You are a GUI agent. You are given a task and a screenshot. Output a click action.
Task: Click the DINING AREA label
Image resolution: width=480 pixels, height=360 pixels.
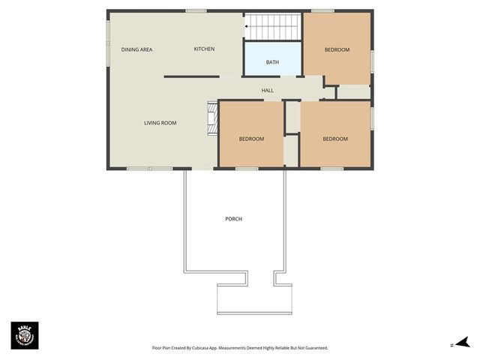click(x=136, y=49)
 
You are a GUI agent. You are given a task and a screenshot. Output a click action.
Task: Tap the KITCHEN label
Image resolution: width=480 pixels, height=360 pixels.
click(x=204, y=49)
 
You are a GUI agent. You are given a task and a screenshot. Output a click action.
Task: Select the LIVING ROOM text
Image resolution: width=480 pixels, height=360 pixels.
click(x=160, y=123)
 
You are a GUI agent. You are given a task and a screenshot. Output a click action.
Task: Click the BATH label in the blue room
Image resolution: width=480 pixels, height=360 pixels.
click(x=272, y=62)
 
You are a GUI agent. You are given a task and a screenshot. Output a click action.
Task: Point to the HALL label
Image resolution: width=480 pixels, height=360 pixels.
click(x=267, y=91)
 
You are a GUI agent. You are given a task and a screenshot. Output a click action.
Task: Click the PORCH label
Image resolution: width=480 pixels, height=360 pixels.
click(x=233, y=219)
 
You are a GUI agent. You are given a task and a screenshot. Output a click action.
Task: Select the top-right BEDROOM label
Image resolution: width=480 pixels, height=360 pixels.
click(x=337, y=49)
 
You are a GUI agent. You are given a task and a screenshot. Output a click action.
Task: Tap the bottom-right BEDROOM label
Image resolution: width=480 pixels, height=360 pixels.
click(x=335, y=139)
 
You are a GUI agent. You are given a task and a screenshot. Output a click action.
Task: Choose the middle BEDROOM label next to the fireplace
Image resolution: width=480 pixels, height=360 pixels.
click(x=251, y=139)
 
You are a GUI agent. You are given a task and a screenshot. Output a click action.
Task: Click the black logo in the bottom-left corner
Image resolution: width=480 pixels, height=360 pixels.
click(x=25, y=335)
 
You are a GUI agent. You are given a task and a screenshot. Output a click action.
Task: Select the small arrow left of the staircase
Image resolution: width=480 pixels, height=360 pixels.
click(x=245, y=27)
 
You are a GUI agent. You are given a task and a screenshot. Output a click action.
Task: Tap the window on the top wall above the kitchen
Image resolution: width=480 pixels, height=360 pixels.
click(x=196, y=10)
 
